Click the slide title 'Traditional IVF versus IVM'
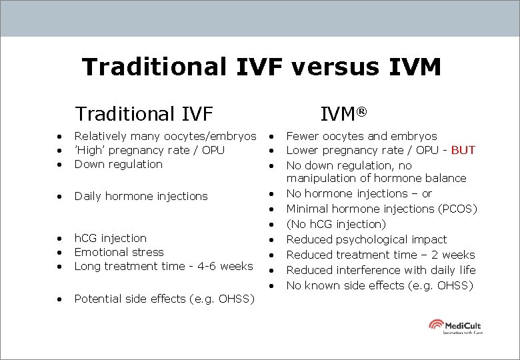coord(261,67)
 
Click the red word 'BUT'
coord(463,150)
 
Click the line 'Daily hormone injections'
coord(141,196)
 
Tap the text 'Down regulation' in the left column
coord(118,164)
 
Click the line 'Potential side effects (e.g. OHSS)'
coord(164,299)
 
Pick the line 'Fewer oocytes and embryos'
coord(361,136)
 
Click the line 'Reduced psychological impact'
coord(367,239)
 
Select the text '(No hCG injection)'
coord(336,224)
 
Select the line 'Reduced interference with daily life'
coord(381,270)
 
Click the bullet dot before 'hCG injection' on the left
coord(60,239)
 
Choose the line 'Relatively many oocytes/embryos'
coord(165,136)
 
